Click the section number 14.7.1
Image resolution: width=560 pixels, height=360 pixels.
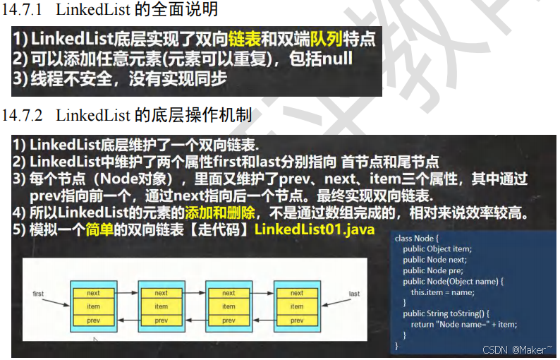23,10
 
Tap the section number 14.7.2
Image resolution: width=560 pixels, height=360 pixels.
23,114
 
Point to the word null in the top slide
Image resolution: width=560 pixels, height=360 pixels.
337,59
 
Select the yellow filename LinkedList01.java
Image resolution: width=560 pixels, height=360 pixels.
315,229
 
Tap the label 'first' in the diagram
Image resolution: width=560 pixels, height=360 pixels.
38,294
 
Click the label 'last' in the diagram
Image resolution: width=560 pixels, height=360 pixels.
354,294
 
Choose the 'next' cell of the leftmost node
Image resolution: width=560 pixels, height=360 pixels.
94,293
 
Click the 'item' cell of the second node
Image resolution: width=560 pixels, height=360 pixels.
162,306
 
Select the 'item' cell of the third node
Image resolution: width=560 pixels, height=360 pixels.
229,306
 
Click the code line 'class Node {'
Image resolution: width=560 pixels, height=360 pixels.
417,239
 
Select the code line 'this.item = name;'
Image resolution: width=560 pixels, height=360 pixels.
442,292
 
